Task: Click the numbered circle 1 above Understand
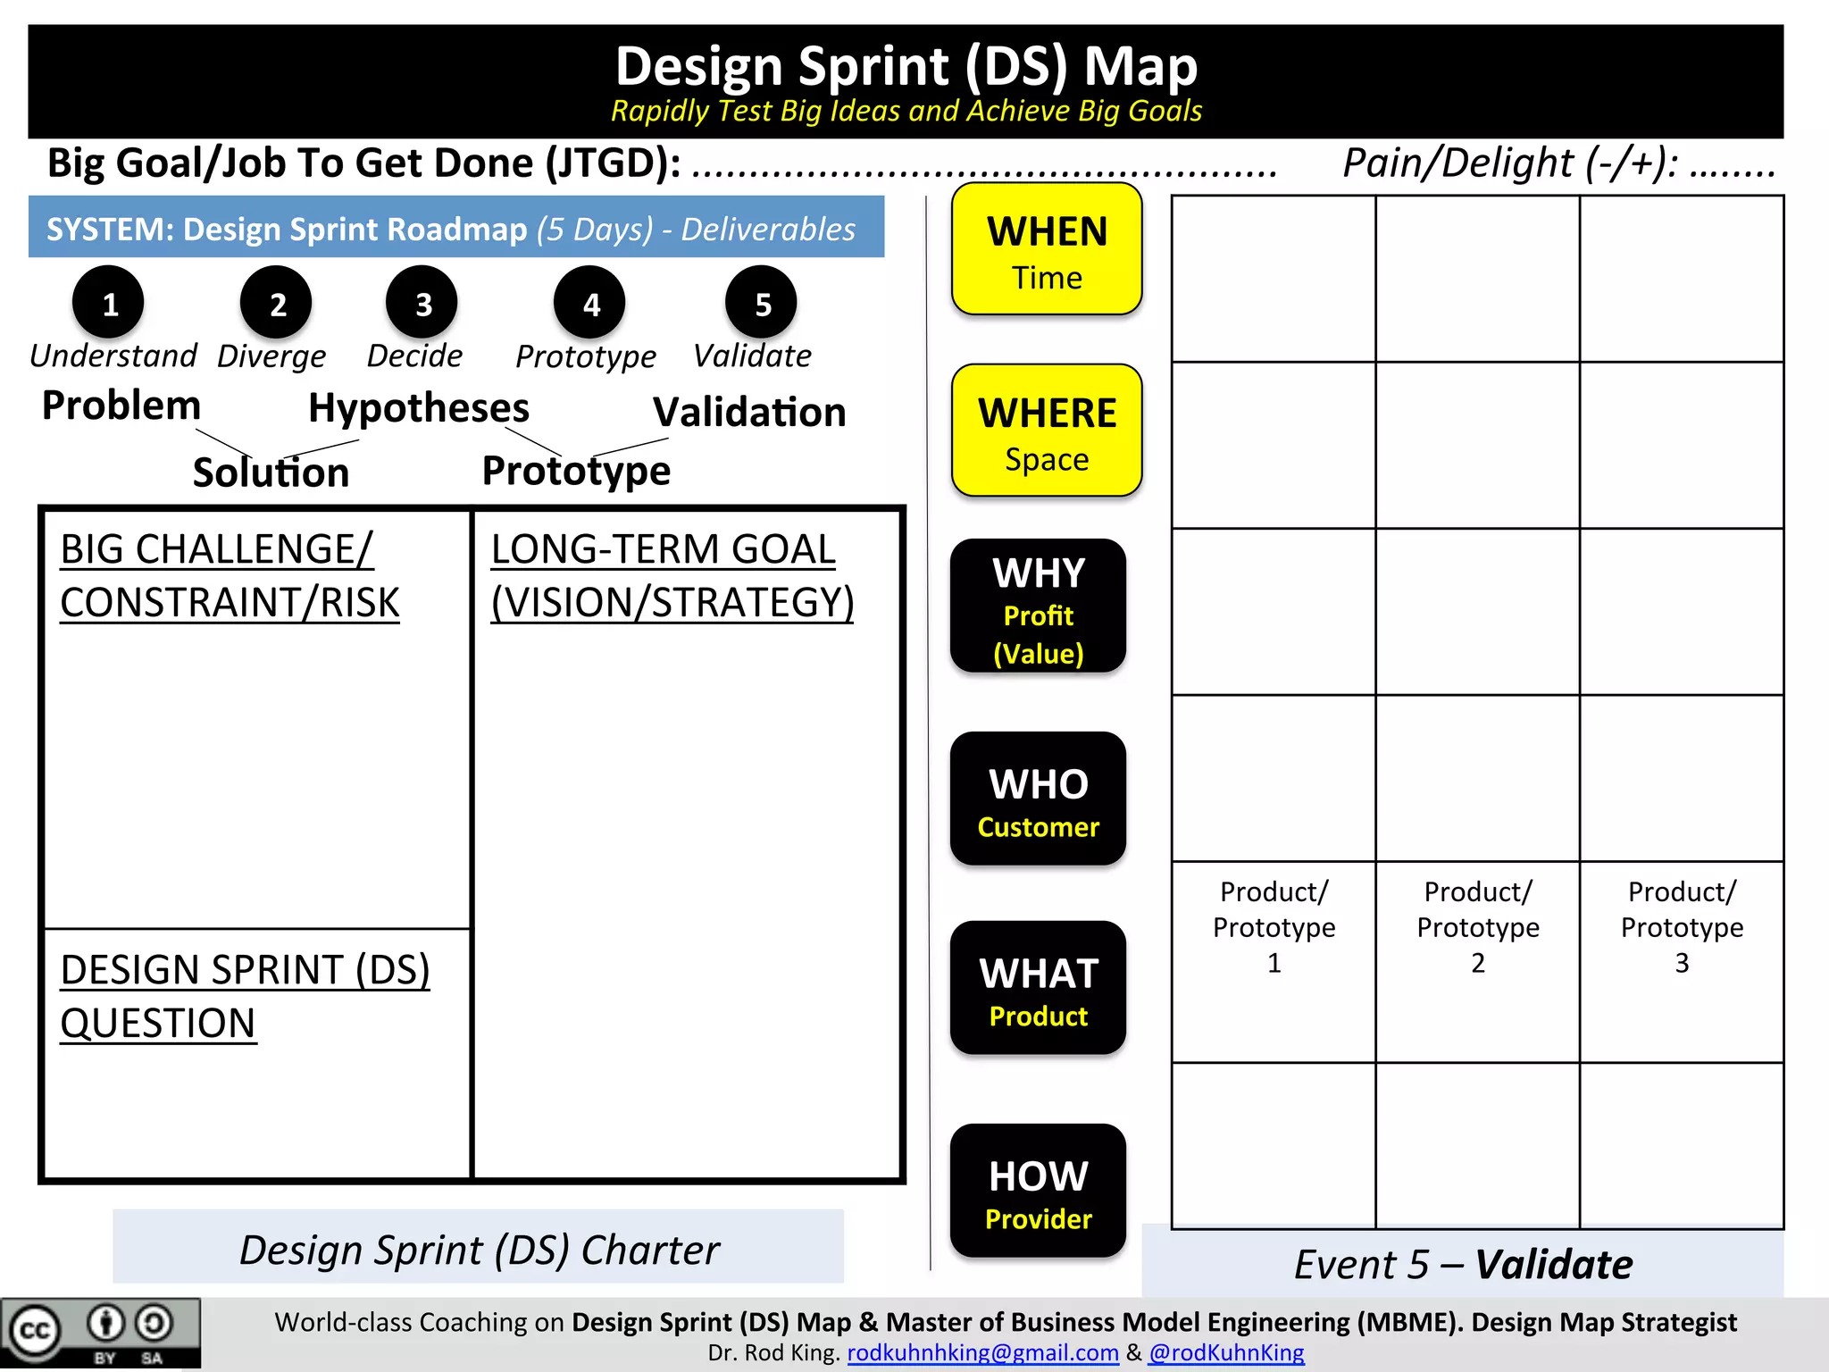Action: pos(109,303)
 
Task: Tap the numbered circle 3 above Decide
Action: pos(422,303)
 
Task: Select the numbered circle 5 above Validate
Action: pos(762,303)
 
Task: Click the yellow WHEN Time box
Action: pos(1047,250)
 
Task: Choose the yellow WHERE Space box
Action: pos(1047,431)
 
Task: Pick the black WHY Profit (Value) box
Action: pos(1038,607)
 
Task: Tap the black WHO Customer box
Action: pos(1038,799)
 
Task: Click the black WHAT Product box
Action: pos(1038,988)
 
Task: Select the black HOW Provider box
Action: pos(1038,1191)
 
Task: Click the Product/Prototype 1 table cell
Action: pos(1274,927)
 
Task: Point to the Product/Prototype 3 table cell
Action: pos(1682,927)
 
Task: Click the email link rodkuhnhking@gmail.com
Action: pos(982,1352)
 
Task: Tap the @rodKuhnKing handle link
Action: pos(1226,1352)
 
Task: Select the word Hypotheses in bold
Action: pos(419,408)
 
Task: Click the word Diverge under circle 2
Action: pos(271,356)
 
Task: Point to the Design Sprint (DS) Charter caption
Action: pos(479,1250)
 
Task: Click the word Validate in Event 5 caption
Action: pos(1554,1265)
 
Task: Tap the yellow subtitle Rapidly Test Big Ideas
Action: pos(906,111)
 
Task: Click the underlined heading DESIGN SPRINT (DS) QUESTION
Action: pos(245,996)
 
